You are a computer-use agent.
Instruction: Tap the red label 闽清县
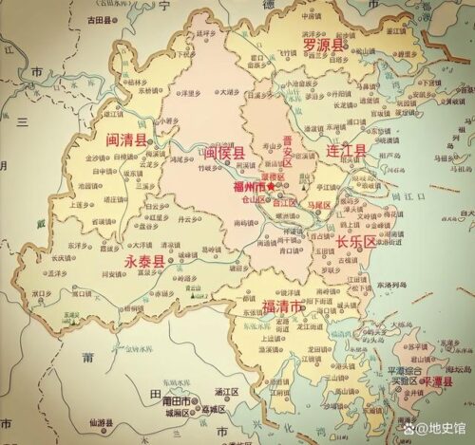pyautogui.click(x=126, y=139)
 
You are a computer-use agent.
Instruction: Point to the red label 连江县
pyautogui.click(x=347, y=151)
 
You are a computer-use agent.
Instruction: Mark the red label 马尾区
pyautogui.click(x=317, y=204)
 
